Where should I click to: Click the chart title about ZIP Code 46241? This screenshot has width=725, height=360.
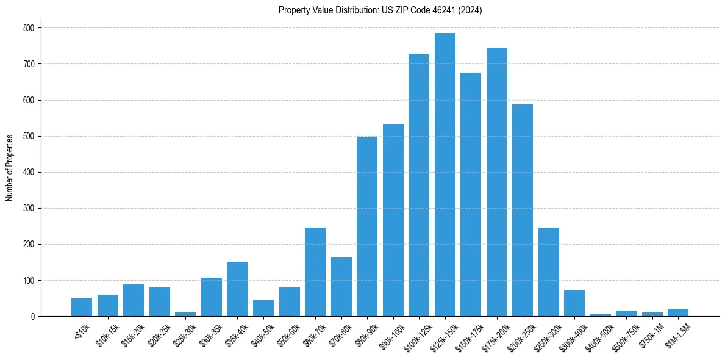pos(380,10)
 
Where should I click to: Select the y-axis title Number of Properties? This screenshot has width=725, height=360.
pos(10,168)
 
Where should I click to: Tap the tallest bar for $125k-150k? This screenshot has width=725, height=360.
pos(445,175)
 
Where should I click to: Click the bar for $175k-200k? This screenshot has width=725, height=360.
pos(496,182)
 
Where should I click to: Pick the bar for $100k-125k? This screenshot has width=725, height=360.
pos(419,185)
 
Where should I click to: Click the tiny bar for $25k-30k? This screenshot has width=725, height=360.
pos(185,314)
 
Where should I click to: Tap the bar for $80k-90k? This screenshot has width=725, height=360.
pos(367,226)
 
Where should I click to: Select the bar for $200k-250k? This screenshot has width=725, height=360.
pos(523,211)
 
